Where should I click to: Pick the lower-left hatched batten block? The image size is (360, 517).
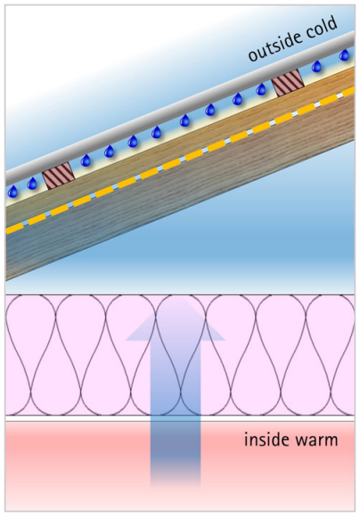tap(58, 176)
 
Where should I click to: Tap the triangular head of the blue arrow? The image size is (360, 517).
tap(175, 319)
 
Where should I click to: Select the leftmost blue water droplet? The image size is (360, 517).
tap(12, 192)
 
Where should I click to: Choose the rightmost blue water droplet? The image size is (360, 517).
tap(345, 54)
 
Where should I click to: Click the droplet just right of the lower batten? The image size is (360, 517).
tap(86, 160)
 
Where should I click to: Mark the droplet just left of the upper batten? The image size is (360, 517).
tap(261, 89)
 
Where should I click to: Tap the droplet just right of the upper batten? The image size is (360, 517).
tap(316, 66)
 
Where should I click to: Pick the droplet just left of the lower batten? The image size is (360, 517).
tap(32, 184)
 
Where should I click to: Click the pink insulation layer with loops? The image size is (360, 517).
tap(180, 355)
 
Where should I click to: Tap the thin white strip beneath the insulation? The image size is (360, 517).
tap(180, 418)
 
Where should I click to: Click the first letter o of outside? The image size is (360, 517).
tap(252, 56)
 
